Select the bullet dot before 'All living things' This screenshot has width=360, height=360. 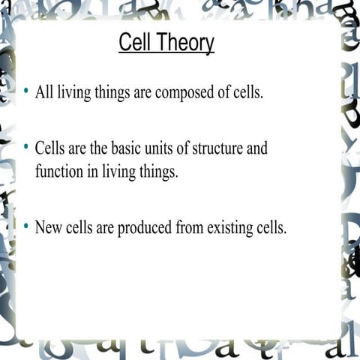(x=26, y=91)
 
